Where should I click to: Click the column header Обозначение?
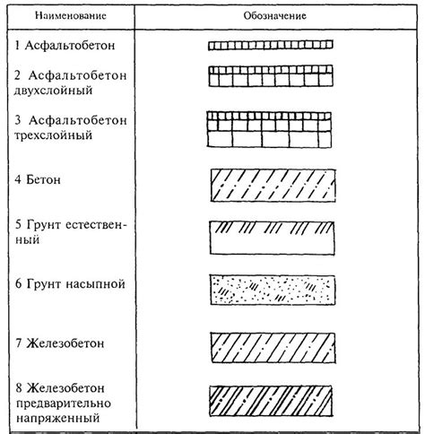coord(270,17)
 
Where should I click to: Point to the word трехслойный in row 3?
coord(65,135)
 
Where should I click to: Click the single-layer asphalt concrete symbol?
coord(271,43)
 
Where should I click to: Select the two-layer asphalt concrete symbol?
coord(271,78)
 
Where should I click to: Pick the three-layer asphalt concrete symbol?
coord(271,128)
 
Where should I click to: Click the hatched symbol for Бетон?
coord(271,185)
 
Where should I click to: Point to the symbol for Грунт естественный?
coord(271,237)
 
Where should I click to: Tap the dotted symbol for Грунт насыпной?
coord(271,290)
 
